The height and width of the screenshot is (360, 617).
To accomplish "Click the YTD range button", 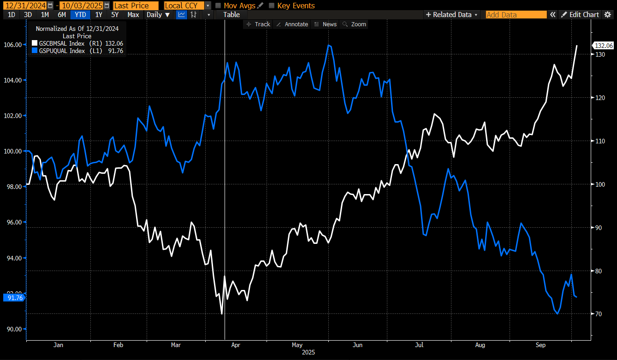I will [x=81, y=14].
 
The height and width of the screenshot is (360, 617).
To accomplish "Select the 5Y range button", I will [x=115, y=14].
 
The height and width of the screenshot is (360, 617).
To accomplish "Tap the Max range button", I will [x=133, y=14].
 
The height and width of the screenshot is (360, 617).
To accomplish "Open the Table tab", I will [x=231, y=14].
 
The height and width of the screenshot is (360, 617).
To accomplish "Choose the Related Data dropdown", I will [x=452, y=14].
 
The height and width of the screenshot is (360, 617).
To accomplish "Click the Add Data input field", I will [x=516, y=14].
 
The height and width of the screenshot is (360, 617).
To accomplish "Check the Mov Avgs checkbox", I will [x=219, y=6].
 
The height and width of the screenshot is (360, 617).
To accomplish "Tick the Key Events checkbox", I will [x=272, y=6].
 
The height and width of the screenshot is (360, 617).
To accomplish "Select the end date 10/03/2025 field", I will [x=82, y=6].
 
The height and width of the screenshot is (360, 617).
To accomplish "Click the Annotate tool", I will [x=292, y=24].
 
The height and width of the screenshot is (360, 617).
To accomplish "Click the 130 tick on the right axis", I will [x=600, y=54].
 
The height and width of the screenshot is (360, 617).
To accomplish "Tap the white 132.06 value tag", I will [x=604, y=45].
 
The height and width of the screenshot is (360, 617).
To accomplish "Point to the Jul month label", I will [x=420, y=345].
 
